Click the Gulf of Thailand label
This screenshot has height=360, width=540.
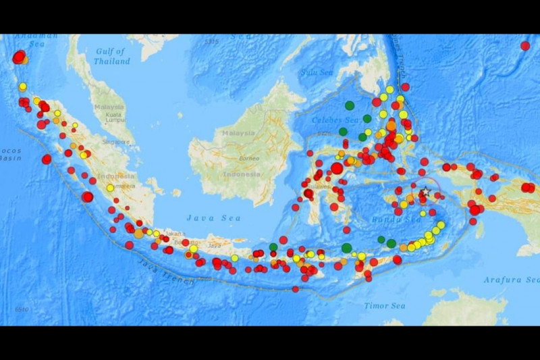click(112, 56)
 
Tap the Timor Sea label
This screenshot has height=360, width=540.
click(385, 305)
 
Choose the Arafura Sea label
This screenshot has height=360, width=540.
click(511, 279)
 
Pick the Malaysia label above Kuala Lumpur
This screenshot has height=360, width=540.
click(109, 107)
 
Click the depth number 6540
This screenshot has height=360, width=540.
click(22, 310)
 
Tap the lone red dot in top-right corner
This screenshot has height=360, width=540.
click(525, 46)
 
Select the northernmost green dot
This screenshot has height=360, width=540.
click(350, 105)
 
